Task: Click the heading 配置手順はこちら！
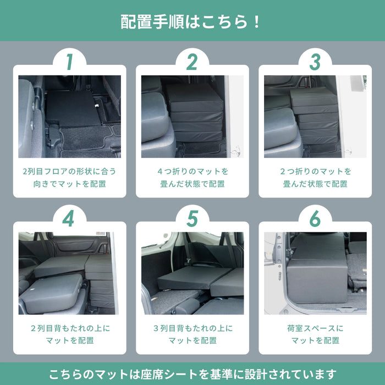192,22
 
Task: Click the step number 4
69,219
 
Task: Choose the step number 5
192,219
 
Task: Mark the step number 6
315,219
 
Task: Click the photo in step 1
69,117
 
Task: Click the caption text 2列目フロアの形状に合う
69,171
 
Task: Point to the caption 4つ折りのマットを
192,171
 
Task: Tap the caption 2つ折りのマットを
315,171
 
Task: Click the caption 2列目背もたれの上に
69,328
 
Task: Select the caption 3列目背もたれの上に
192,328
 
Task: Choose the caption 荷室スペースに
315,328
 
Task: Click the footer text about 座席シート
192,375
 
